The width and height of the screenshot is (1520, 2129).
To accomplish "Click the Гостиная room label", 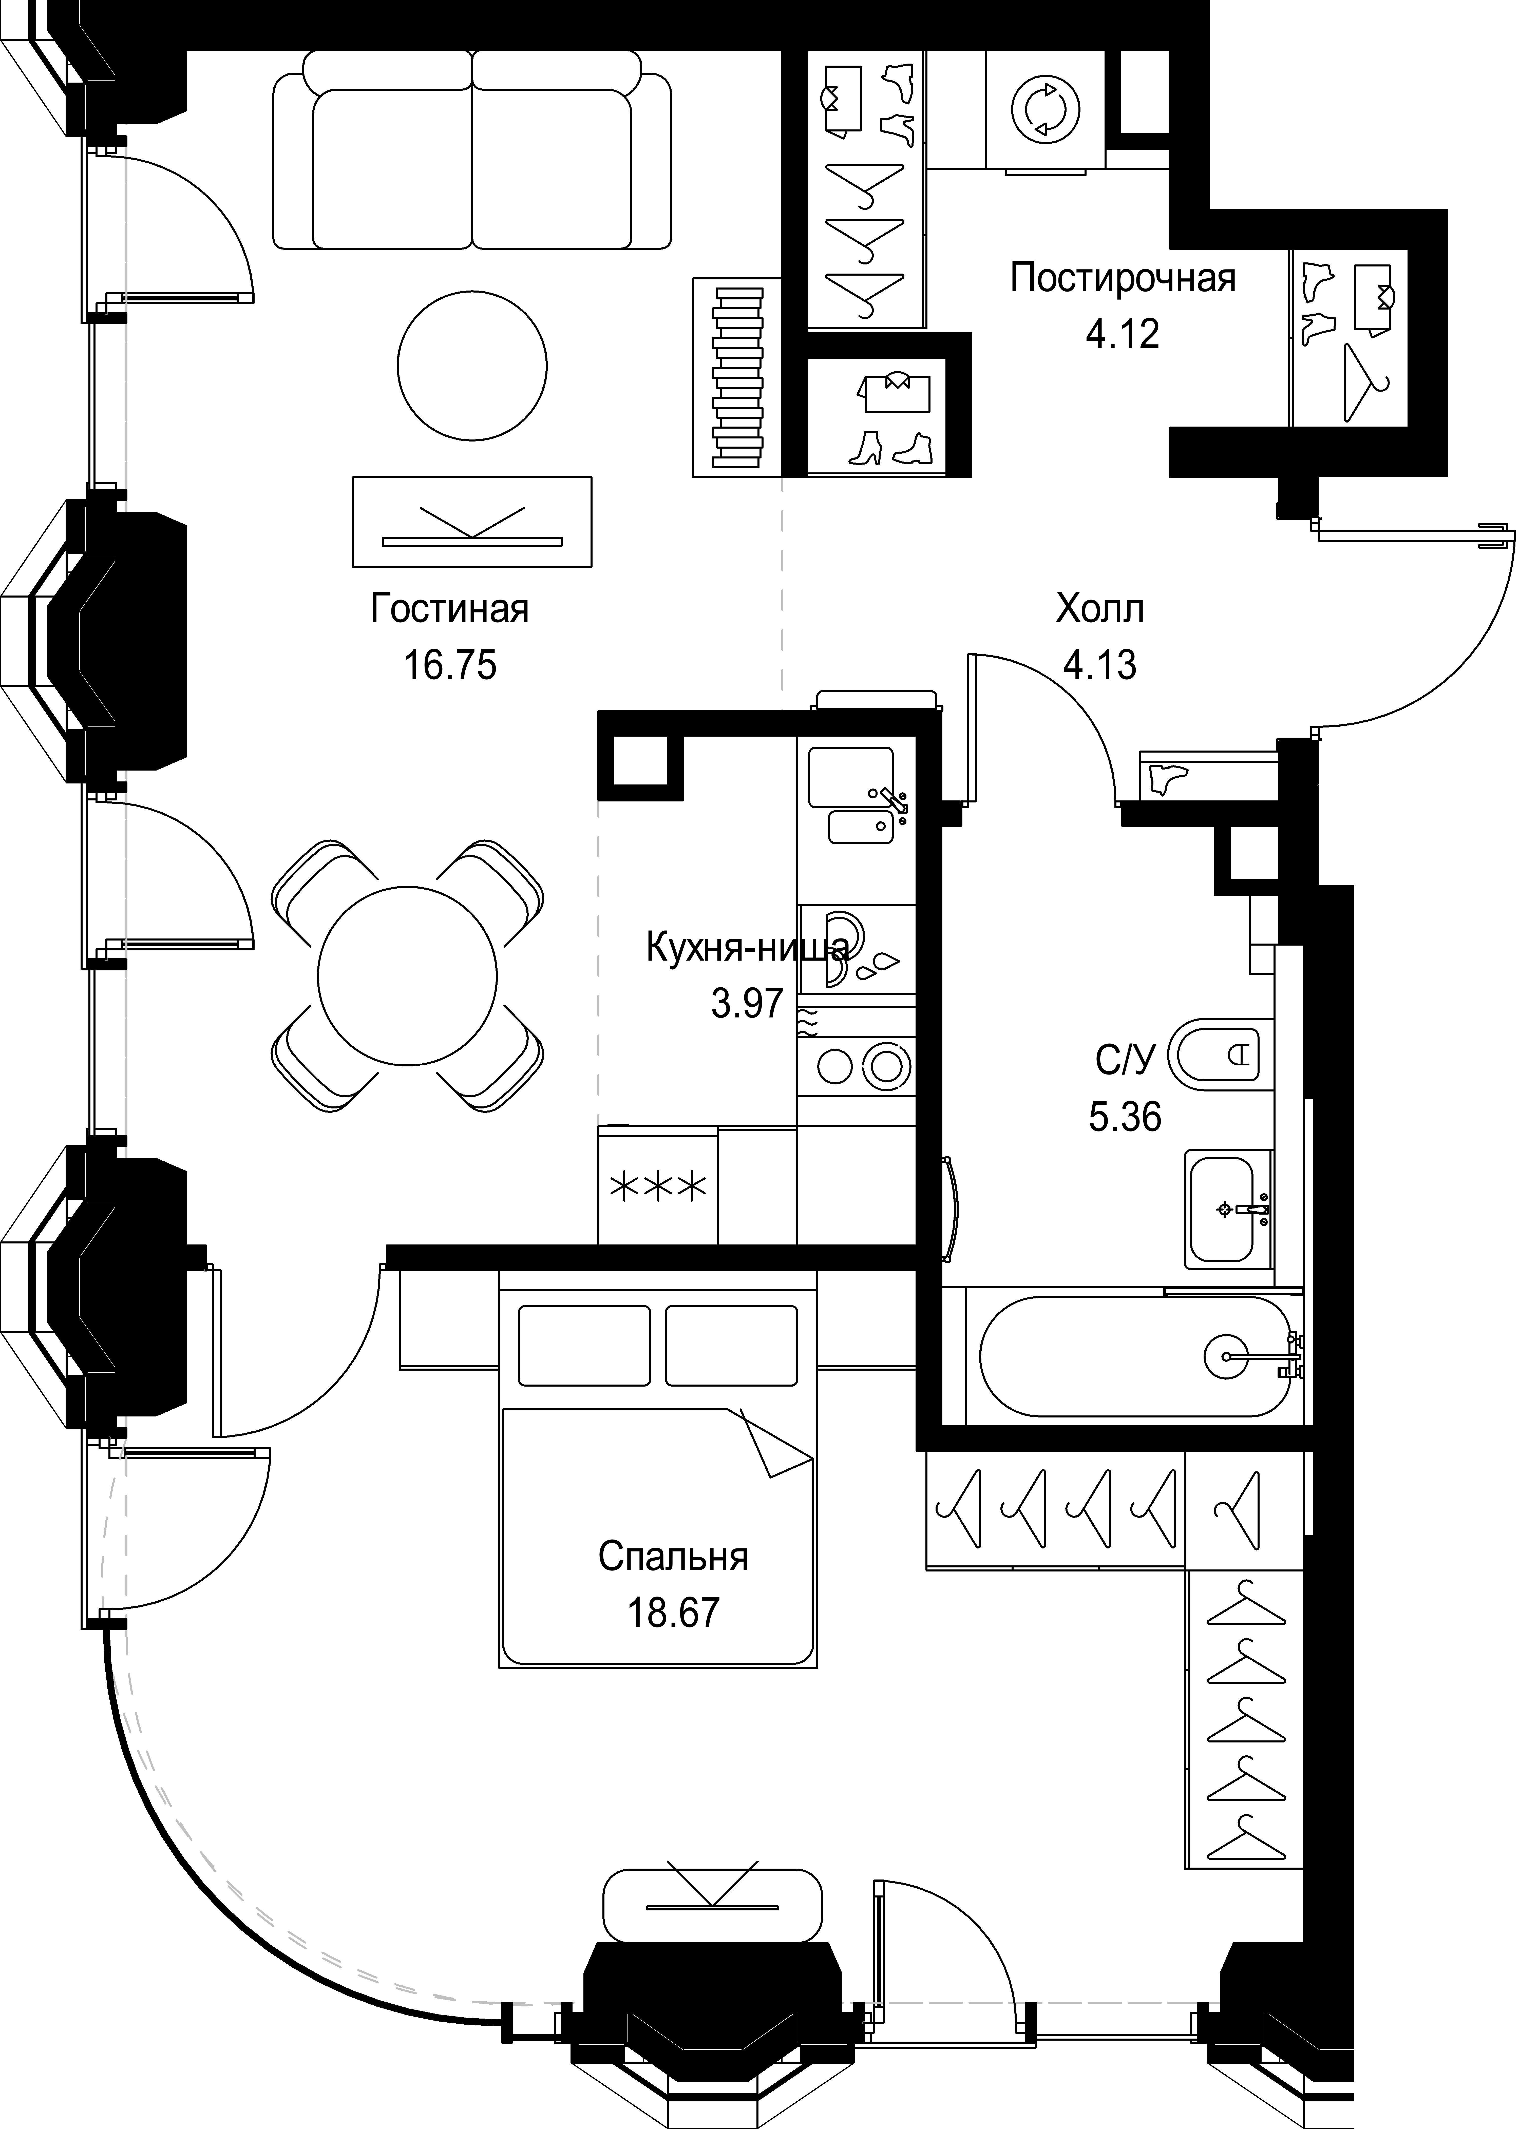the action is click(450, 609).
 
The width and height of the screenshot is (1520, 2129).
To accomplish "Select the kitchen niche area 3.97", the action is click(747, 1004).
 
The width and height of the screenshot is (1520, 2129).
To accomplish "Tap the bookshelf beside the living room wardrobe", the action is click(737, 378).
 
